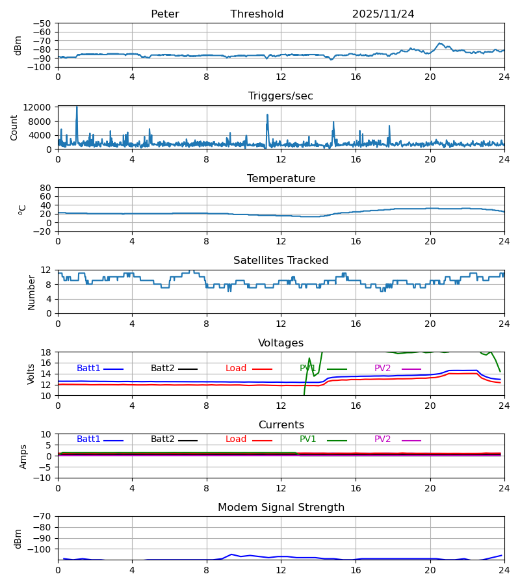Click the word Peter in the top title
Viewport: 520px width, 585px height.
point(164,14)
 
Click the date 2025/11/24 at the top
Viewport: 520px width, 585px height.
point(383,14)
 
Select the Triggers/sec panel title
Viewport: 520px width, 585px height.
point(280,96)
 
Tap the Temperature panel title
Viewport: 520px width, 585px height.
point(281,179)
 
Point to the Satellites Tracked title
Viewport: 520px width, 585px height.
point(281,261)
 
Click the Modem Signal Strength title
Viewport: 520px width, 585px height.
point(281,508)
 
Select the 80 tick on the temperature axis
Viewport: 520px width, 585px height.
point(45,188)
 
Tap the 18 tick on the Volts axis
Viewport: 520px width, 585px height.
point(45,352)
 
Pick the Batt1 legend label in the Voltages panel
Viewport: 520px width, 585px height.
point(88,369)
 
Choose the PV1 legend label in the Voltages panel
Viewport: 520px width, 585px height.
point(307,369)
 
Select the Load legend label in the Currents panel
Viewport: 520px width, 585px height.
point(236,439)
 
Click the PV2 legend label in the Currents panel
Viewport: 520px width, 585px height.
point(382,439)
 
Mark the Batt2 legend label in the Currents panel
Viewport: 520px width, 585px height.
point(162,439)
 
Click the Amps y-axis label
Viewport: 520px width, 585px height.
point(24,456)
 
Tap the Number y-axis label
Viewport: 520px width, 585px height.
point(31,292)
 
